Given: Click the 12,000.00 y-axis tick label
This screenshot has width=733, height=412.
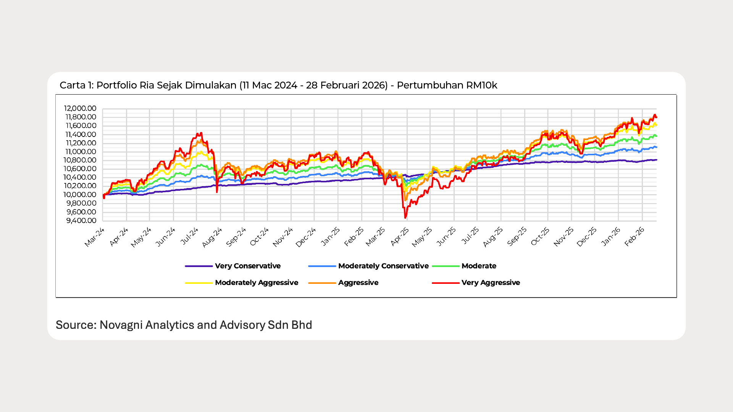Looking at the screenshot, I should pos(80,109).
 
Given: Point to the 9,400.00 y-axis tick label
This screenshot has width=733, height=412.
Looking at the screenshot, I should pos(81,221).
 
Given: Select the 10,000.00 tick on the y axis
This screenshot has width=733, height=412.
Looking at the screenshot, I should pos(80,195).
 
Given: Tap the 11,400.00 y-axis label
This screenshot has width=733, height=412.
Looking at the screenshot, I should pos(81,135).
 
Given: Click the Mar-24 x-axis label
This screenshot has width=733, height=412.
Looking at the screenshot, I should pos(94,237).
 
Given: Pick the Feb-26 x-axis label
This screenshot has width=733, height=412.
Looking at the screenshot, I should pos(635,237).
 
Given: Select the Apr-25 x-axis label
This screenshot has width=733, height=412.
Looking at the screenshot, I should pos(400,237).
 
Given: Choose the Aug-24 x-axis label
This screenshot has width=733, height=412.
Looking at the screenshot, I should pos(212,238).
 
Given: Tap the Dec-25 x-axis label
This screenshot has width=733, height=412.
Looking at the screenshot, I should pos(587,237).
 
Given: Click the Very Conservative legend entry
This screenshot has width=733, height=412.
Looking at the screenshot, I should pos(247,266).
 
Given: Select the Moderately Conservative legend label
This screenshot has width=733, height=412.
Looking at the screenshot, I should pos(383,266).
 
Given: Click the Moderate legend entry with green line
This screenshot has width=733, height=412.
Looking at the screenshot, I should pos(478,266).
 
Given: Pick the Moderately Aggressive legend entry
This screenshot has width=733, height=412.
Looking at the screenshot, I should pos(256,283).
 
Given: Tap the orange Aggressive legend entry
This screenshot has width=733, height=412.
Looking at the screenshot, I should pos(358,283).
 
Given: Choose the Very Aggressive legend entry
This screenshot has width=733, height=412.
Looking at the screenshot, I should pos(490,283).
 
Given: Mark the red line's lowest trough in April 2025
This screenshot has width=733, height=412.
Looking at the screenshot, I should pos(405,218).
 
